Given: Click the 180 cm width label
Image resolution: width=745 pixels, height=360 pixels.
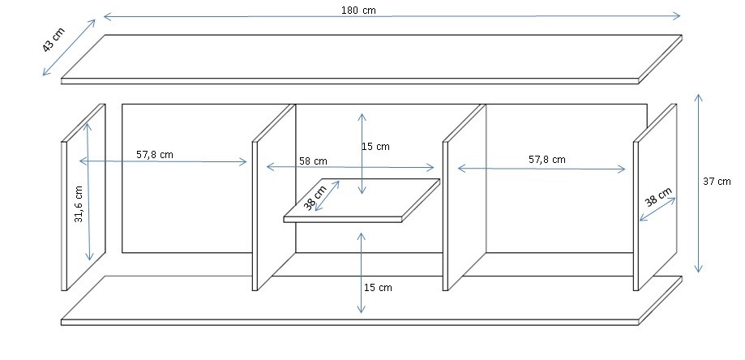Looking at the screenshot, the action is (x=358, y=11).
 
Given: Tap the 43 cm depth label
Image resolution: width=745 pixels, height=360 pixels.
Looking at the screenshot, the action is (x=54, y=40).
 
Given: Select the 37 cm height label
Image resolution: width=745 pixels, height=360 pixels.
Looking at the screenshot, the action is (x=717, y=182).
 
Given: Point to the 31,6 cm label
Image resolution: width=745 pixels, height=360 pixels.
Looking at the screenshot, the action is (x=79, y=204).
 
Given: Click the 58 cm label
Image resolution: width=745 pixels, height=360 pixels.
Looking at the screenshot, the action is (x=313, y=161).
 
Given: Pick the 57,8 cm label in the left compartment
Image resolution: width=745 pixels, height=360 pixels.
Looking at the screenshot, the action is (x=155, y=154).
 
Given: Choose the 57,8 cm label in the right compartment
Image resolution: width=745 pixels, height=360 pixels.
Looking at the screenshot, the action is (x=547, y=160).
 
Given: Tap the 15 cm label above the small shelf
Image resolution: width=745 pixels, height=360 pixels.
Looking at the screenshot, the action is (x=376, y=147).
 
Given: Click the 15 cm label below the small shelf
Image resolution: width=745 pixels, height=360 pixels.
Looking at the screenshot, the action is (x=379, y=287).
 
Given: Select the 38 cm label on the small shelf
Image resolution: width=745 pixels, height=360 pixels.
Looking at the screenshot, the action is (x=315, y=198).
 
